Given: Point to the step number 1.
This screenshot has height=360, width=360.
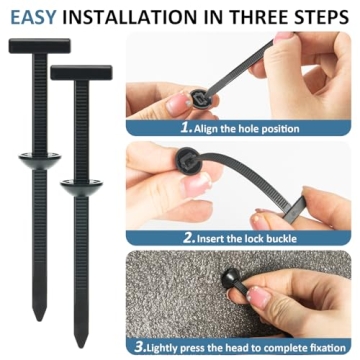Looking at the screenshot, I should [186, 128].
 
